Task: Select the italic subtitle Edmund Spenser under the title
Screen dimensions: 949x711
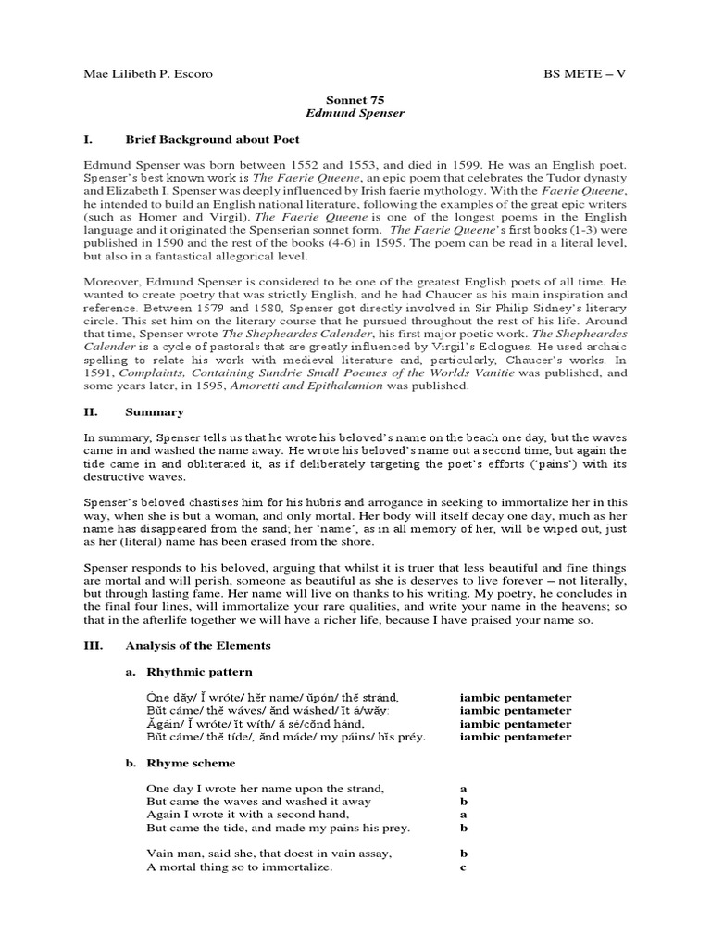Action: (355, 112)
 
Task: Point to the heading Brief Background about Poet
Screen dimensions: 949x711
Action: (201, 138)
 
